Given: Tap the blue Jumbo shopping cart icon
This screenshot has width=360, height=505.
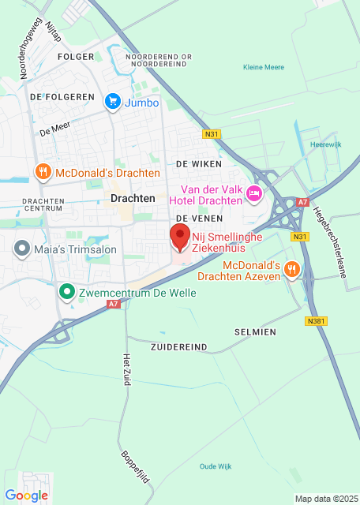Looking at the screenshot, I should [x=113, y=101].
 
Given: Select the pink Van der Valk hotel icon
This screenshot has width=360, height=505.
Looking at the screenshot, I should [x=254, y=193].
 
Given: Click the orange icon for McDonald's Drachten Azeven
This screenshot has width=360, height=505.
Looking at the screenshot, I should [x=292, y=270].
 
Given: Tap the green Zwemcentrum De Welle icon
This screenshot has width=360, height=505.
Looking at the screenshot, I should [x=68, y=292].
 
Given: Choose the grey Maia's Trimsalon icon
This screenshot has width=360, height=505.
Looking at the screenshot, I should [x=21, y=249].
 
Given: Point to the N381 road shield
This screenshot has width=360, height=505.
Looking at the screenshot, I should [x=315, y=321].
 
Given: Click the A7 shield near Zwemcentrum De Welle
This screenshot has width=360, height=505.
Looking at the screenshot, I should [x=114, y=303].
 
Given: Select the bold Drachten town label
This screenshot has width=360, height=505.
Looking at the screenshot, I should [x=133, y=199].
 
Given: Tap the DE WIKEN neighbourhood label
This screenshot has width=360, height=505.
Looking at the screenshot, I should [x=198, y=163].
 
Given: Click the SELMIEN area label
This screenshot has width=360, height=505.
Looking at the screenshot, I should [x=255, y=332].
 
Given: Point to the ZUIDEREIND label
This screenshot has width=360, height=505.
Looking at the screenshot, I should [x=178, y=346].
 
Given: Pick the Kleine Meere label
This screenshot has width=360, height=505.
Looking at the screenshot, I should [x=263, y=68].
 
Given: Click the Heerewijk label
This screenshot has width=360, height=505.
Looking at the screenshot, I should [x=325, y=144].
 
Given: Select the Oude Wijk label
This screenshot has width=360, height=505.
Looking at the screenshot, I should [x=216, y=466].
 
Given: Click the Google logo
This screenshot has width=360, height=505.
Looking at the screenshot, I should [x=26, y=495].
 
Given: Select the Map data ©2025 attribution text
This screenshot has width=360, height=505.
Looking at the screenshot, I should [x=325, y=499].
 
